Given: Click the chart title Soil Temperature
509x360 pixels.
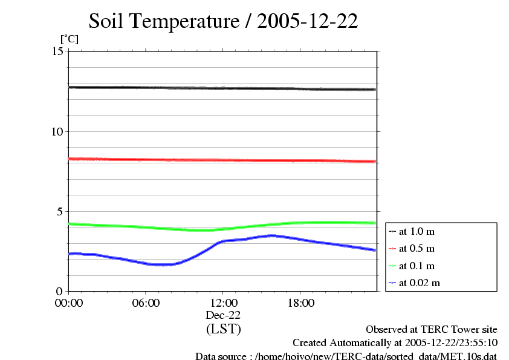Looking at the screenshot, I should tap(223, 21).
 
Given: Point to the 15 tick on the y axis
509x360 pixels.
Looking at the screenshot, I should tap(57, 51).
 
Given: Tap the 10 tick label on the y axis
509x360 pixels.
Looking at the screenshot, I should tap(57, 131).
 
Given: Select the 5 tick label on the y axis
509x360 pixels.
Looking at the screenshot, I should tap(60, 211).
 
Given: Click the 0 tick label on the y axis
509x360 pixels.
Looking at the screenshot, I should tap(60, 291).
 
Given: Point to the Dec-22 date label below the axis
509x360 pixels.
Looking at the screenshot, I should tap(223, 315).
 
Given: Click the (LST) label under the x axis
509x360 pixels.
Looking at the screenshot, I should tap(223, 329).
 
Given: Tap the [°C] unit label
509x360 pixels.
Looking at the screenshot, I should tap(69, 39).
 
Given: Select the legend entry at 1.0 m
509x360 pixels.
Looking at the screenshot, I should tap(417, 232).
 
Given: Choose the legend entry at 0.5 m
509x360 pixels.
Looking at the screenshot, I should tap(417, 249).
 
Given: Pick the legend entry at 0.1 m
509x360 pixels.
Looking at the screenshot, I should tap(417, 266).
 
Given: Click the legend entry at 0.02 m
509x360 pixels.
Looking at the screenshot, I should tap(419, 283).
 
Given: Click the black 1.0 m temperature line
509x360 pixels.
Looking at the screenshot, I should tap(223, 88).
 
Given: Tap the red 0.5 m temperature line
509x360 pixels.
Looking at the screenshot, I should tap(223, 160).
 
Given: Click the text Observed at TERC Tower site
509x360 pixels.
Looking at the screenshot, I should tap(432, 330).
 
